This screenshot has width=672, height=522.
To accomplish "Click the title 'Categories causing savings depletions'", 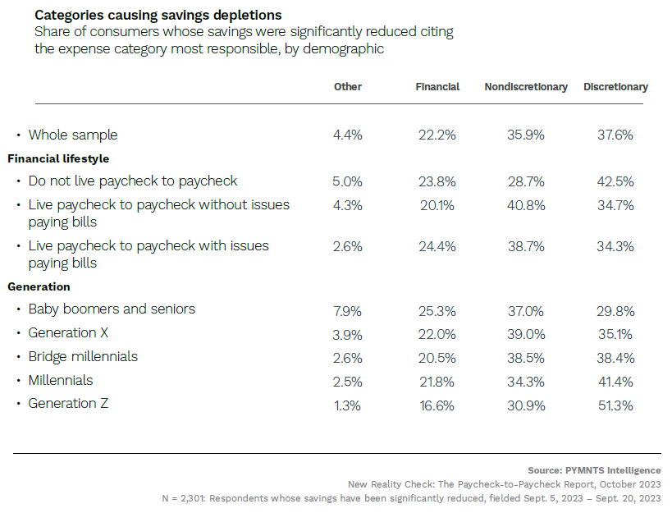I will [158, 16].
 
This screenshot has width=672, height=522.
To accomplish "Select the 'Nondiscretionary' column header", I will [526, 87].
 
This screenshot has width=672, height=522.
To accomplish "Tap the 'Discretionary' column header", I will [615, 87].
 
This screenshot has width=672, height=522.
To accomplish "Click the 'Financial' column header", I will [437, 87].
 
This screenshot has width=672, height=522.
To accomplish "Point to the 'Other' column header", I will [348, 87].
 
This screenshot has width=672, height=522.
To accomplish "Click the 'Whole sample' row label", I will [73, 135].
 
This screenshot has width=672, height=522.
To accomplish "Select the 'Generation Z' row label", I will [68, 403].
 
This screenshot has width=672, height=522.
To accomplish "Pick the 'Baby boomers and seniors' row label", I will [112, 309].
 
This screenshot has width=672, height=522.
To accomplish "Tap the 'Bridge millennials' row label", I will [83, 356].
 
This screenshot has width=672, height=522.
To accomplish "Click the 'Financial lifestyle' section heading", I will [58, 158].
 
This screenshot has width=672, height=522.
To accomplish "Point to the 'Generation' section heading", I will [39, 286].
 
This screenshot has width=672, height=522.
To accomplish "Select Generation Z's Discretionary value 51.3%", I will [615, 404].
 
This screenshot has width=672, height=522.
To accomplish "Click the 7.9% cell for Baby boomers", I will [348, 309].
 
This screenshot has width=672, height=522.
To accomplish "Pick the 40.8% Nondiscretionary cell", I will [526, 205].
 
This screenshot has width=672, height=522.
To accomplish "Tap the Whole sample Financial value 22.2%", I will [437, 135].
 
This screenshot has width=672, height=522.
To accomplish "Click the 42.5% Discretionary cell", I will [615, 181].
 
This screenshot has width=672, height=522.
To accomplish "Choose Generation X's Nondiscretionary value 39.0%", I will [526, 333].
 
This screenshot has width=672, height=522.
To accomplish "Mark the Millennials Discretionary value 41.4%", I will [615, 381].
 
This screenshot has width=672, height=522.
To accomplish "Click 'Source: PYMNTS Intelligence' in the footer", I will [594, 470].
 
